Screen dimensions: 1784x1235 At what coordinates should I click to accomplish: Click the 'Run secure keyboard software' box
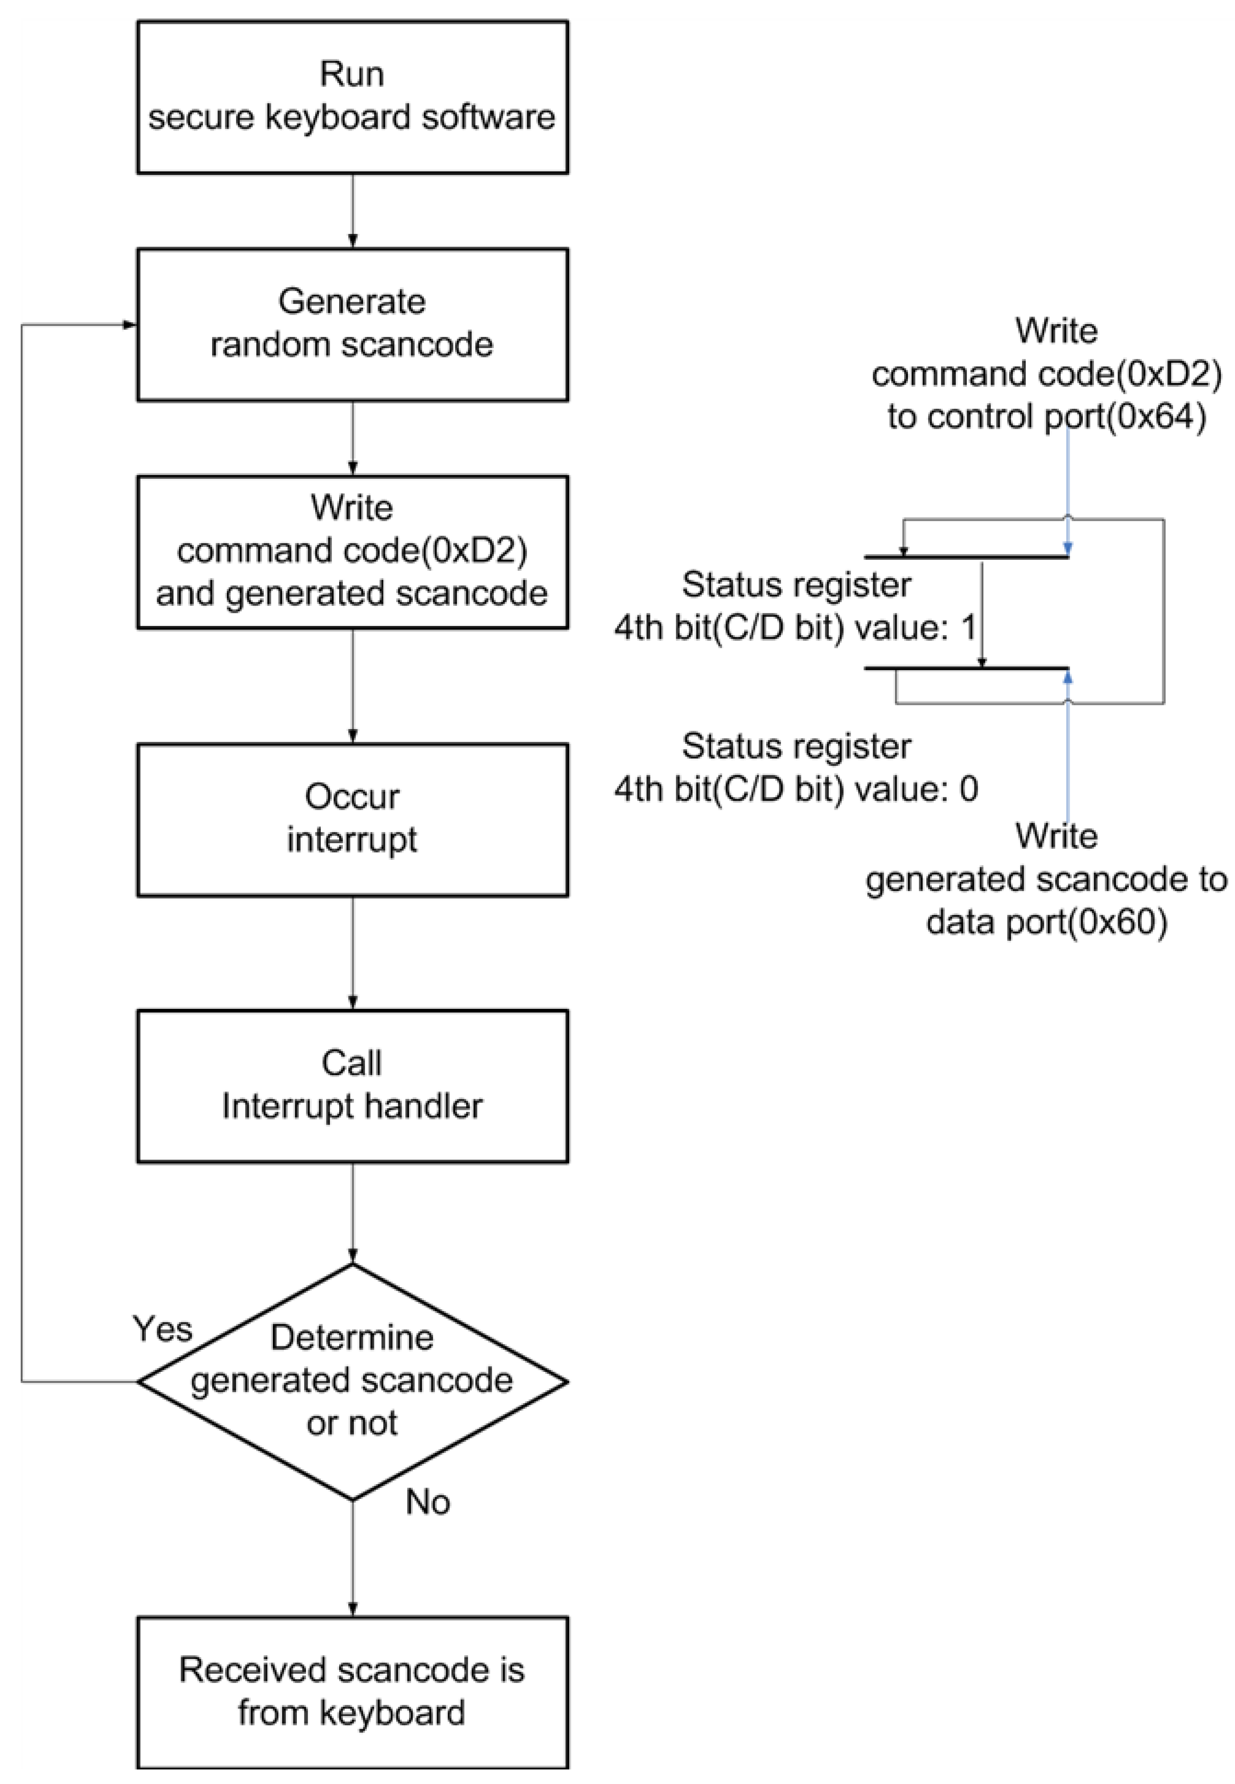(x=352, y=97)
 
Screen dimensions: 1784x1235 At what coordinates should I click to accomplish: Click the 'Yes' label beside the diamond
(x=163, y=1329)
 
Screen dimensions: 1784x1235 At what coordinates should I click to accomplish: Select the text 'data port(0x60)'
(x=1046, y=922)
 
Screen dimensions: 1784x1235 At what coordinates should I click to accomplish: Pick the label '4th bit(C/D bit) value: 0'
(x=796, y=789)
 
